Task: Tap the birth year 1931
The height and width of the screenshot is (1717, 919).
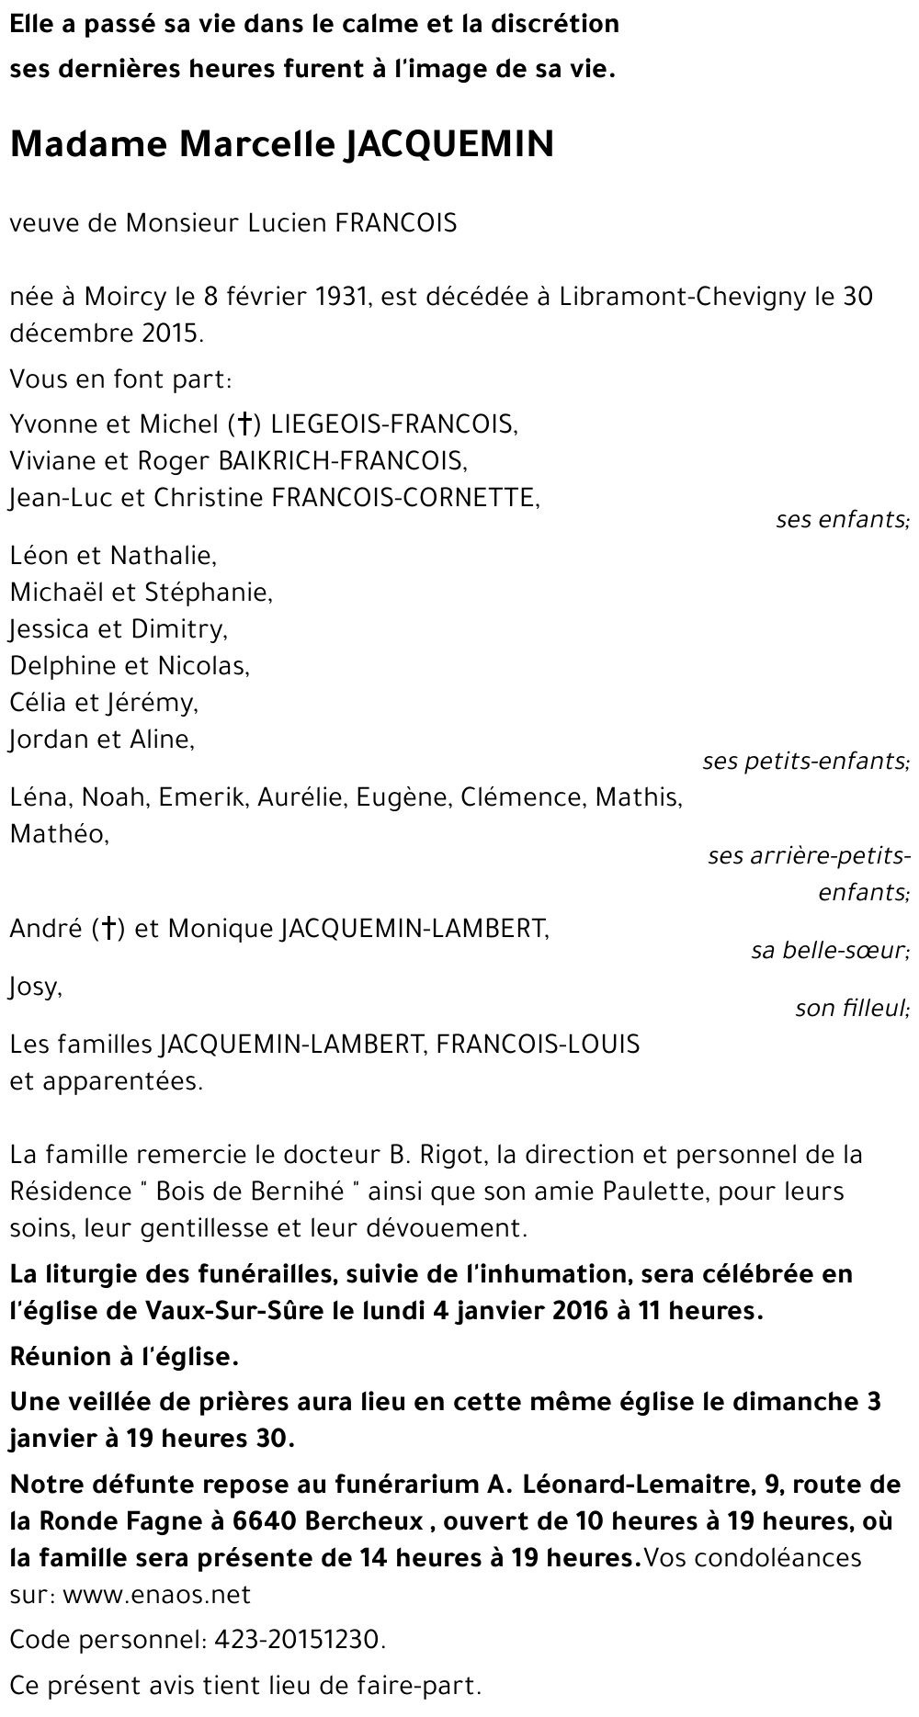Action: point(336,297)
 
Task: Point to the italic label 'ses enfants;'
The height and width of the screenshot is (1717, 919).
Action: point(842,520)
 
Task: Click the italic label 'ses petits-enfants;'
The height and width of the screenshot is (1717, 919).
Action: point(805,762)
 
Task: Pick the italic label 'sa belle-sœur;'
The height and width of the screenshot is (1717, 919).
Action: point(830,951)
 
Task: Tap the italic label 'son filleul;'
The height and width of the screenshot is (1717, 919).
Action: point(852,1009)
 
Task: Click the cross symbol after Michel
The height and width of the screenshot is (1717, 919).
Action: point(244,424)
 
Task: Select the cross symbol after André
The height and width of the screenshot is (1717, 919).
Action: point(108,930)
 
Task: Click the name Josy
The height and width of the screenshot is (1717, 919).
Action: point(36,988)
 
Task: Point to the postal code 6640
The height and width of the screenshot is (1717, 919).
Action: point(259,1521)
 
